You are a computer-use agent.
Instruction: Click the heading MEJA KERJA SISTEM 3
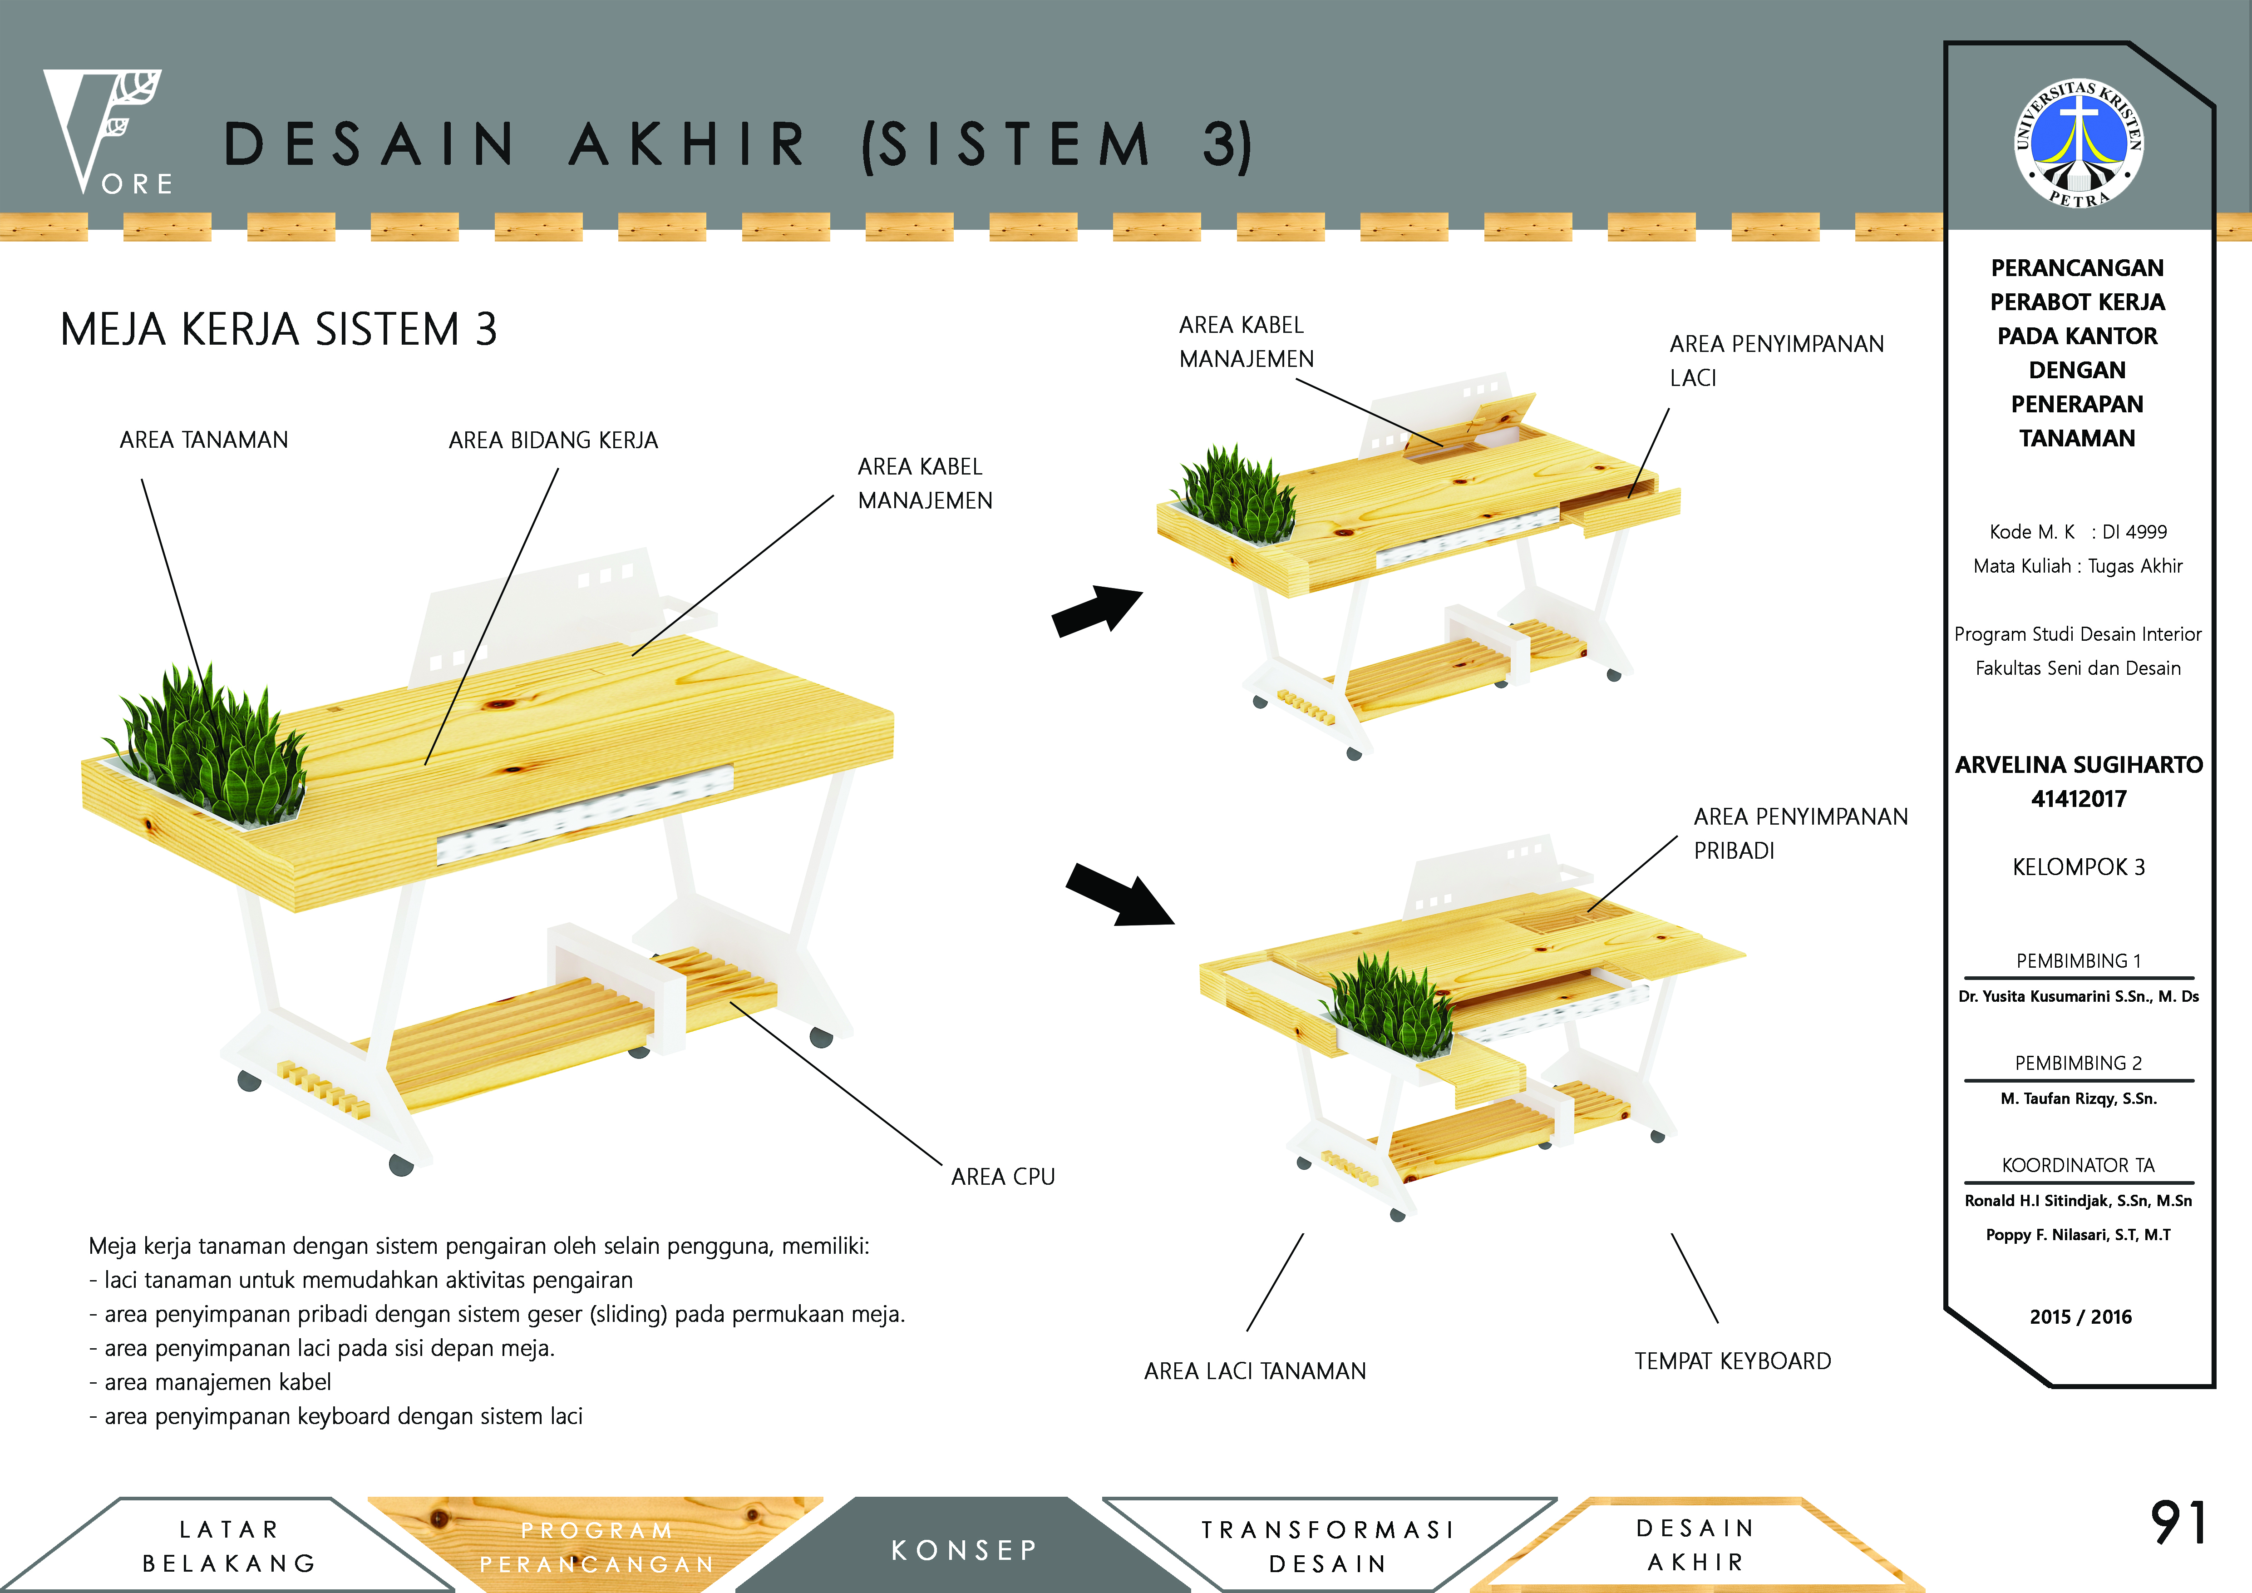(279, 330)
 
